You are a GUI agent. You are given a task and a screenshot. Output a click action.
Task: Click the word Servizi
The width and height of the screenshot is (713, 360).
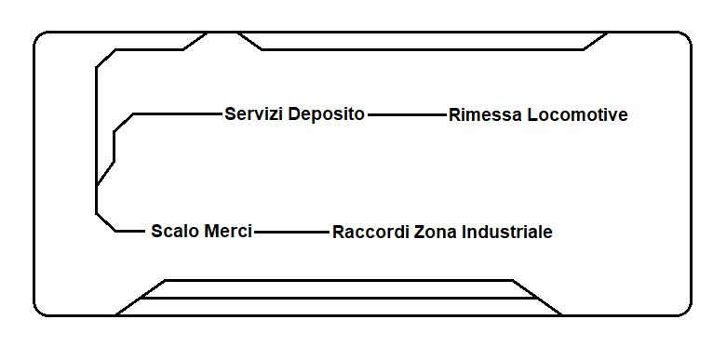253,114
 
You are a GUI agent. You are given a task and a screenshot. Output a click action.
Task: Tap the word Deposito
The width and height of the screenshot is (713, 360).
326,114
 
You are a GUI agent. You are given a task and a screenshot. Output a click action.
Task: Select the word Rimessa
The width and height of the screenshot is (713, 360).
484,115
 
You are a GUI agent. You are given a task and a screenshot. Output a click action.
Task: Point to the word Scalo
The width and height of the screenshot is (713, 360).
174,231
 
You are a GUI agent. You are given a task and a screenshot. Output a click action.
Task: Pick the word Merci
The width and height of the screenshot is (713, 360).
227,231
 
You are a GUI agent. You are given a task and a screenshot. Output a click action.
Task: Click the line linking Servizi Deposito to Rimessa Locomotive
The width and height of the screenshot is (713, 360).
407,114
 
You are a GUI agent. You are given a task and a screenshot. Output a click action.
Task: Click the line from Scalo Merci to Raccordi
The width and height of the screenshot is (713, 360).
292,231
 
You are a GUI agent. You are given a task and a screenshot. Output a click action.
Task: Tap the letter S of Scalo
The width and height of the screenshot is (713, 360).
156,231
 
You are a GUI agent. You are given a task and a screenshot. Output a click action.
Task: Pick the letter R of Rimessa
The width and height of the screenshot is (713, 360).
454,115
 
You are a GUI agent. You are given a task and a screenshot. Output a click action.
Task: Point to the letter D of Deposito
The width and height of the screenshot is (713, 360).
293,114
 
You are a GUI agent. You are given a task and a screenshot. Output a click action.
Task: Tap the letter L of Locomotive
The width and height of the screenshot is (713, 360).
531,115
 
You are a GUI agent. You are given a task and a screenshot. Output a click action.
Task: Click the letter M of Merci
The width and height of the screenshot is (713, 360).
209,231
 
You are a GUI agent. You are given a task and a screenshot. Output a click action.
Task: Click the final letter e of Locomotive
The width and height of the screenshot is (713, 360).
623,115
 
